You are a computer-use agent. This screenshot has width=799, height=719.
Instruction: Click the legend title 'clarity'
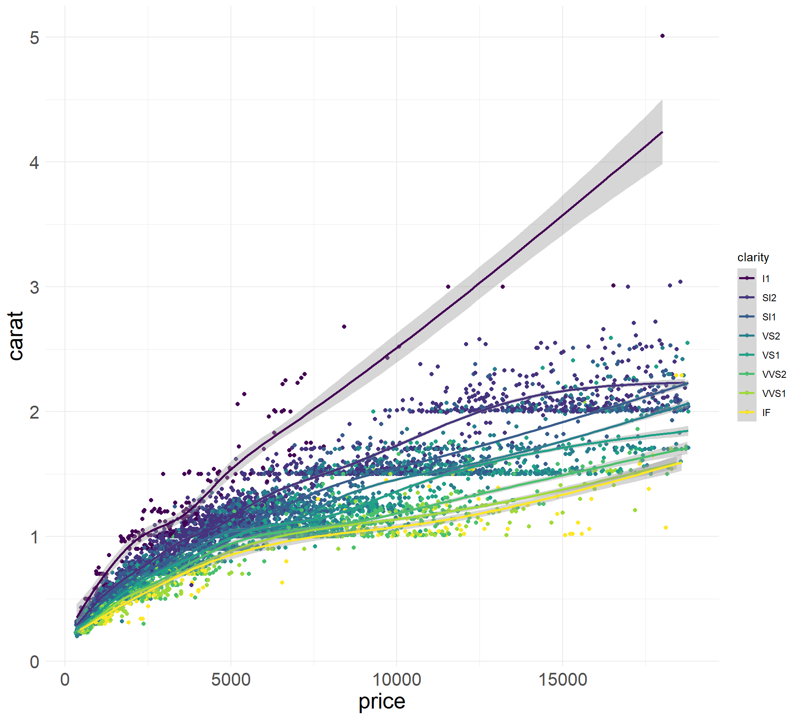click(753, 258)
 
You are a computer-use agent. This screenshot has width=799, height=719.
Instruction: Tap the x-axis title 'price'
click(382, 702)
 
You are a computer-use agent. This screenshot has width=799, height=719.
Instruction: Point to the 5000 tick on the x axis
click(231, 680)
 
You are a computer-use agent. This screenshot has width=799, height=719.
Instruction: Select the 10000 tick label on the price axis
click(396, 680)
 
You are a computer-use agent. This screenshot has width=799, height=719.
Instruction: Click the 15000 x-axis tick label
click(563, 680)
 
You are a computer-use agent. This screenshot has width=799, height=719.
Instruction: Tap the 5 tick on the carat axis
click(35, 37)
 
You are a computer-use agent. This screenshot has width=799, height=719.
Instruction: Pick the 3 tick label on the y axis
click(35, 287)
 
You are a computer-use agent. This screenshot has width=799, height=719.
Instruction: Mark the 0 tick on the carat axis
click(35, 662)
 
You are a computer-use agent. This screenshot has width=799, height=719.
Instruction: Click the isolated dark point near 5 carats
click(663, 36)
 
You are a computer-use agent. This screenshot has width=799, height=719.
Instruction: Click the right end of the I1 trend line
click(662, 132)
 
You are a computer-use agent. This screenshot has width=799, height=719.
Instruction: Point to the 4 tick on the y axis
click(35, 162)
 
